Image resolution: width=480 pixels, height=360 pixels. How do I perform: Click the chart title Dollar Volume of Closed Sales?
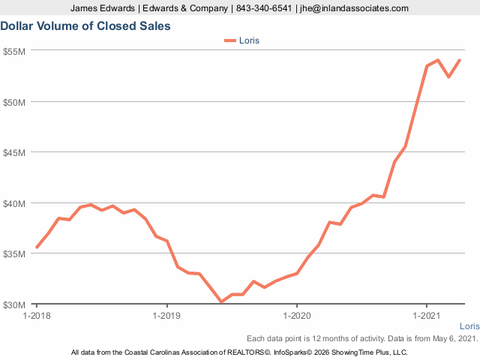click(x=85, y=26)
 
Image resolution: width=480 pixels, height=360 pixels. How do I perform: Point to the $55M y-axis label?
click(x=15, y=51)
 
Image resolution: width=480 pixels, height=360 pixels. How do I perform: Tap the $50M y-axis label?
click(x=15, y=101)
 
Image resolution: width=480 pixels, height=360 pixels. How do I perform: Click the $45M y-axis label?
click(x=15, y=152)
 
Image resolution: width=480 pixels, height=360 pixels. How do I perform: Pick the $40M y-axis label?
click(x=15, y=203)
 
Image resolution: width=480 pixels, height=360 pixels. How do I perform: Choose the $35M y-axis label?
click(x=15, y=253)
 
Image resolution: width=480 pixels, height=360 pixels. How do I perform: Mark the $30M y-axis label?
click(x=15, y=304)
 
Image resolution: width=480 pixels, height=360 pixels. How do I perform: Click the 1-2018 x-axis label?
click(x=37, y=316)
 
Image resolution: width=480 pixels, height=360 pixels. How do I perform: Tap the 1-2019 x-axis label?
click(x=166, y=316)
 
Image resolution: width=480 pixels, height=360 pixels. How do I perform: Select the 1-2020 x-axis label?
click(x=297, y=316)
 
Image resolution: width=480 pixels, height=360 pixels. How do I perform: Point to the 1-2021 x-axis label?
click(x=427, y=316)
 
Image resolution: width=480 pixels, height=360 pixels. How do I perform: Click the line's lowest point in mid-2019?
click(x=221, y=301)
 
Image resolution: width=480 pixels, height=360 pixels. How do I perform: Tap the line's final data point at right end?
click(x=460, y=61)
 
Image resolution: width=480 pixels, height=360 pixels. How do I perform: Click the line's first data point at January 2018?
click(x=37, y=247)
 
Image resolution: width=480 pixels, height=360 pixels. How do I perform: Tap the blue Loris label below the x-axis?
click(x=469, y=327)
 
